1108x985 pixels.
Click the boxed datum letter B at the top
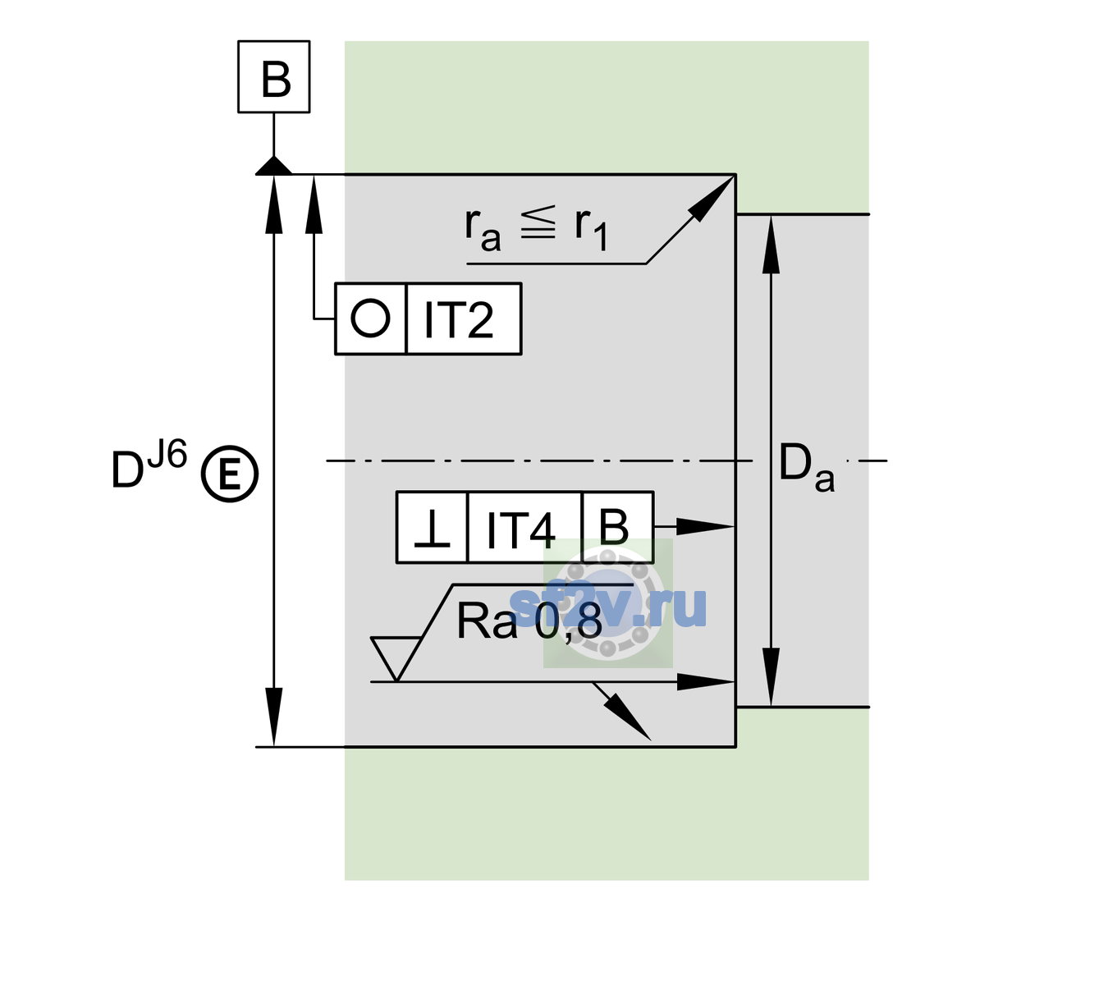[276, 79]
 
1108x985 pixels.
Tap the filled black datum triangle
[273, 167]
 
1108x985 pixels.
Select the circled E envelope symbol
[229, 474]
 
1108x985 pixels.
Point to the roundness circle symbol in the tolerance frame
[370, 318]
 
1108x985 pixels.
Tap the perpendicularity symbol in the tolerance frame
[432, 529]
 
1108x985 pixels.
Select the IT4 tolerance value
[520, 530]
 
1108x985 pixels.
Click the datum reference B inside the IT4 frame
[614, 527]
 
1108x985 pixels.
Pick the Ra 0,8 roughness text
[529, 621]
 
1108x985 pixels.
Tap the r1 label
[591, 230]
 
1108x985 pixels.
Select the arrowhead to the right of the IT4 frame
[705, 526]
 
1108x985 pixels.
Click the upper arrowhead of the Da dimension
[771, 244]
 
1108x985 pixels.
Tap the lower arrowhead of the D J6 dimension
[273, 717]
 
